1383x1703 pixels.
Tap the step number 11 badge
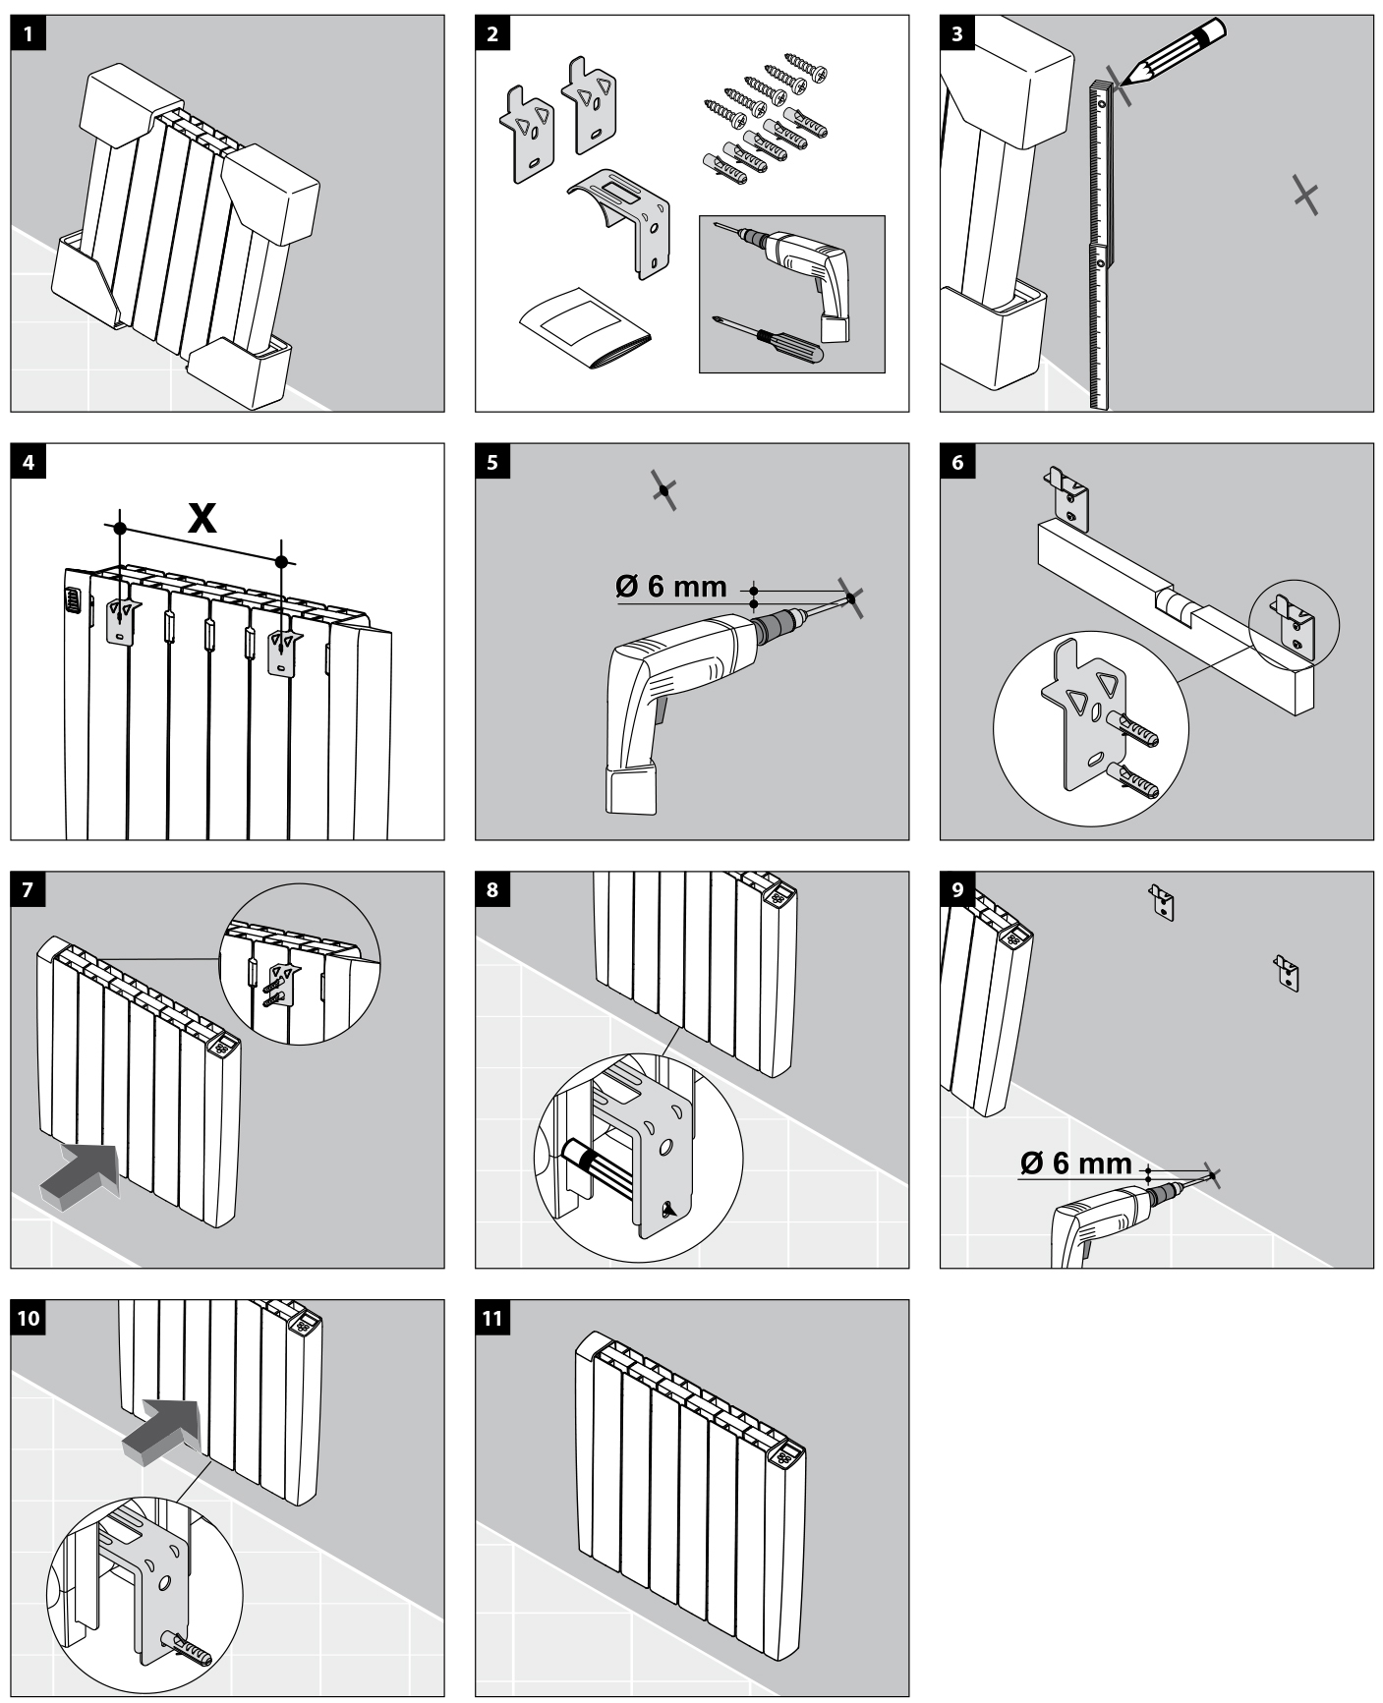(492, 1318)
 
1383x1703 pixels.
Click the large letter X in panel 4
(202, 517)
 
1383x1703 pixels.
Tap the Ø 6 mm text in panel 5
(671, 587)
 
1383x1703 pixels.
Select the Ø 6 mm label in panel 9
(1076, 1163)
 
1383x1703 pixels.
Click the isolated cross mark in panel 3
(1305, 196)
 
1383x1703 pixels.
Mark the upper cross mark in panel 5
(665, 488)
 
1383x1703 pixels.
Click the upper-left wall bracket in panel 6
(1068, 497)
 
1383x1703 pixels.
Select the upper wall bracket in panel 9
(1162, 901)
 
